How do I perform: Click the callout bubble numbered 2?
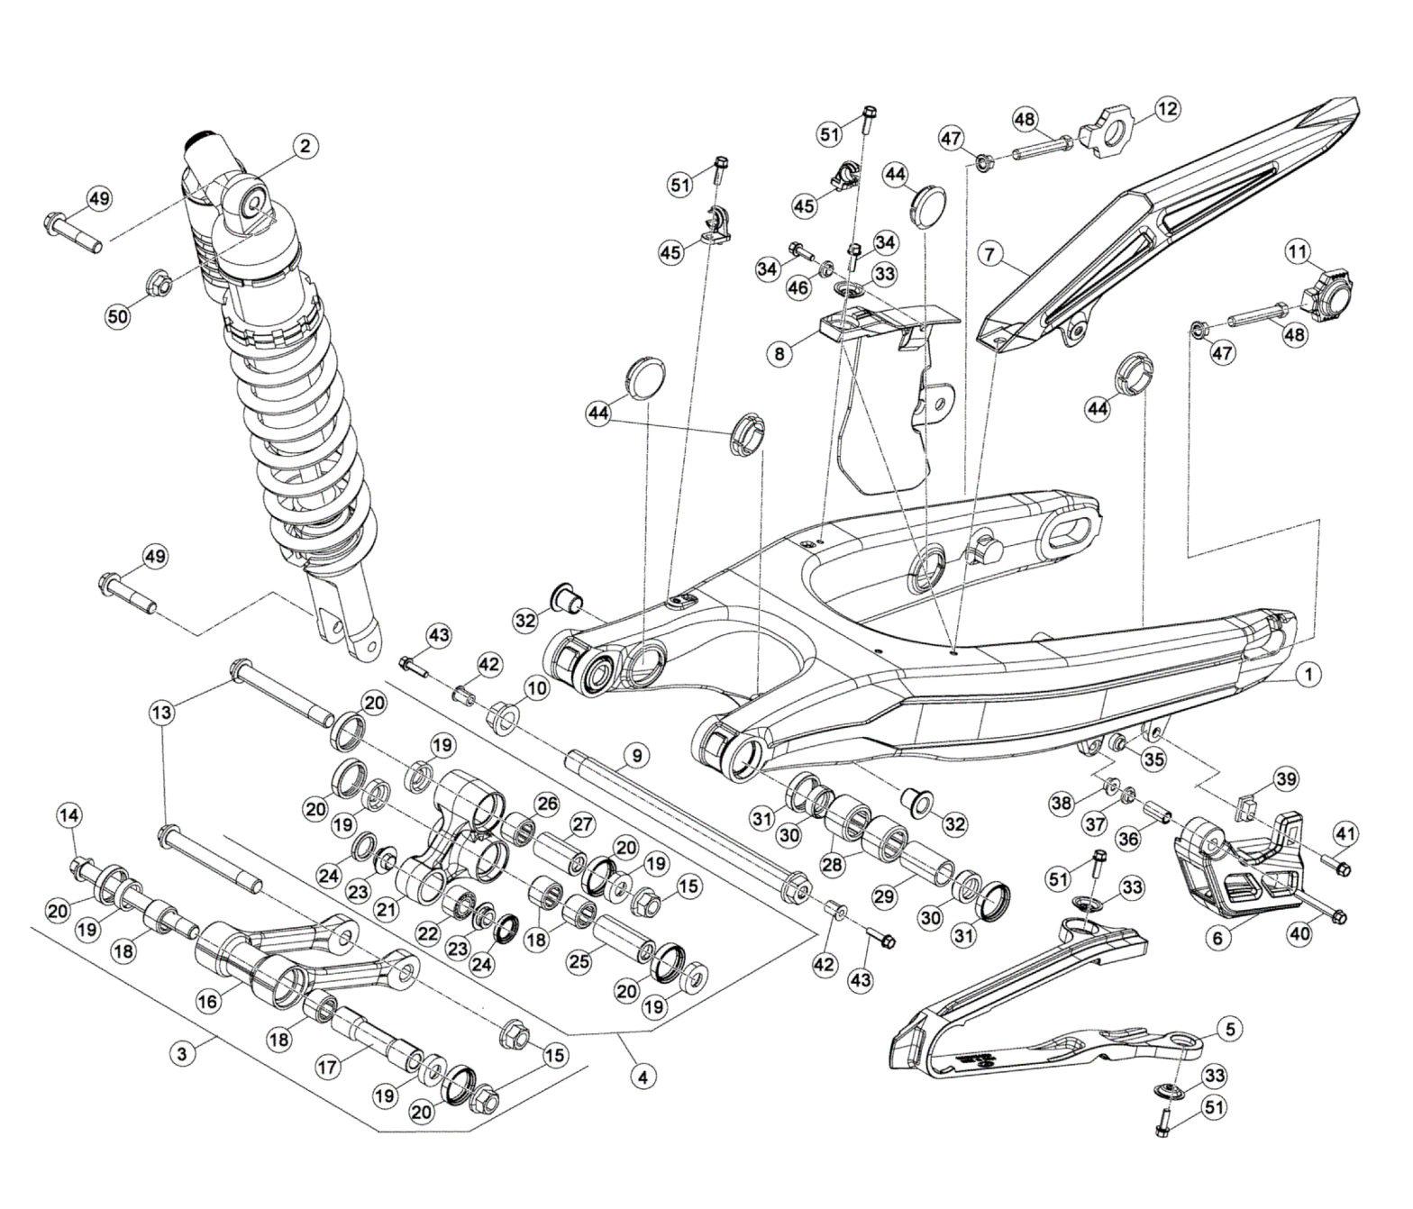click(305, 146)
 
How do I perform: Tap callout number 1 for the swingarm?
click(1308, 673)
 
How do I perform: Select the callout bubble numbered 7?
click(989, 255)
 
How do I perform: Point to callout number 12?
click(1167, 109)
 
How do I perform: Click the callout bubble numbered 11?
click(1298, 251)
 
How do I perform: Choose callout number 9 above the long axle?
click(636, 755)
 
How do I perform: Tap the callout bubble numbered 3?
click(183, 1053)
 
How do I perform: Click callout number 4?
click(643, 1076)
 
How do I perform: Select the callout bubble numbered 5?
click(1230, 1029)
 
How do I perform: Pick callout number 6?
click(1217, 938)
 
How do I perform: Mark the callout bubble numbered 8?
click(780, 353)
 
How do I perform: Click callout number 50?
click(118, 316)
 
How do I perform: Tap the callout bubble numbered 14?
click(68, 815)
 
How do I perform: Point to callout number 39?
click(1286, 779)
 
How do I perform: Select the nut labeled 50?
click(160, 286)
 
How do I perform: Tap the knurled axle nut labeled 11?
click(1329, 291)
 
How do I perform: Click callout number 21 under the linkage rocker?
click(387, 910)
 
